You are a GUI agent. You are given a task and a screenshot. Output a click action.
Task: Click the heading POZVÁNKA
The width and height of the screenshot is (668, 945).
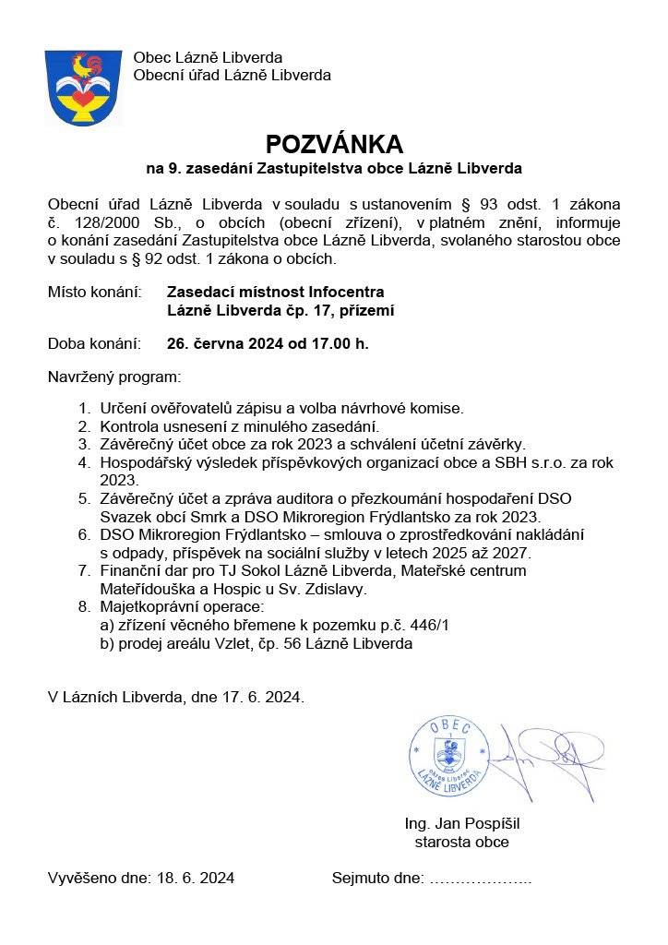(x=334, y=144)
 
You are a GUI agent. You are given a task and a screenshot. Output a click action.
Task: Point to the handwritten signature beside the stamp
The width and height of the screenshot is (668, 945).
(x=546, y=757)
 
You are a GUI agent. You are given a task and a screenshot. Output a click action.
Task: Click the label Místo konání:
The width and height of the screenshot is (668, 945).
(x=94, y=293)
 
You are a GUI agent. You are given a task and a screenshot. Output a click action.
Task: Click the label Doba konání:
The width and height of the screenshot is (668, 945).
(x=94, y=344)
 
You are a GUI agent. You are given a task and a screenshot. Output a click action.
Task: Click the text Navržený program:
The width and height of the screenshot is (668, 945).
(x=114, y=377)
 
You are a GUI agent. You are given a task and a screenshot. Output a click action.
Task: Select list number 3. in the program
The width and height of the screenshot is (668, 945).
(x=84, y=444)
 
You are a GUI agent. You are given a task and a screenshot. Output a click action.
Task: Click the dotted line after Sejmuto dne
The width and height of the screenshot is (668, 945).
(x=481, y=879)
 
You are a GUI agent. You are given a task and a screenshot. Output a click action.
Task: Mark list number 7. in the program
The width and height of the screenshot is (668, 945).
(x=84, y=570)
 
